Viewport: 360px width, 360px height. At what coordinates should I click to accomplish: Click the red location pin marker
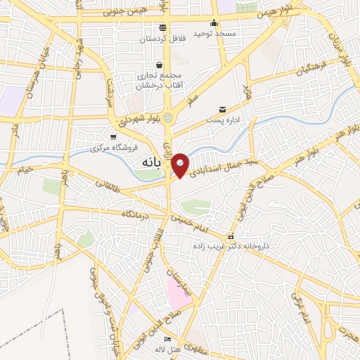pos(180,165)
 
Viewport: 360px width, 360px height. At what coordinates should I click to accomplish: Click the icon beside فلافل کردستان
pos(163,27)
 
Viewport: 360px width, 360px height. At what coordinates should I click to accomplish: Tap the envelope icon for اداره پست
pos(223,109)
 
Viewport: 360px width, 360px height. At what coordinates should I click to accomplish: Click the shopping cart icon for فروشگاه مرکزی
pos(113,137)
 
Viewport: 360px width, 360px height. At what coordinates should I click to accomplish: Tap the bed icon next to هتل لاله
pos(167,340)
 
